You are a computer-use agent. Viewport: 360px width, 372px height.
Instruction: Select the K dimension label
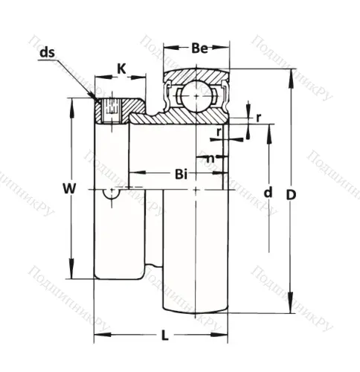(122, 70)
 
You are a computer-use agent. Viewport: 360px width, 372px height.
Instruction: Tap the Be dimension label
(198, 49)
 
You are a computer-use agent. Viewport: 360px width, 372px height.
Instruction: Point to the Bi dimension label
(180, 175)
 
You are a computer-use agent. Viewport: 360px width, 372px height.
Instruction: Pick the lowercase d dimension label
(268, 193)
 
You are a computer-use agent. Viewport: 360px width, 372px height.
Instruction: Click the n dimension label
(210, 158)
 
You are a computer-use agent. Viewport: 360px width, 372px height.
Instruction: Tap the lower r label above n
(219, 132)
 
